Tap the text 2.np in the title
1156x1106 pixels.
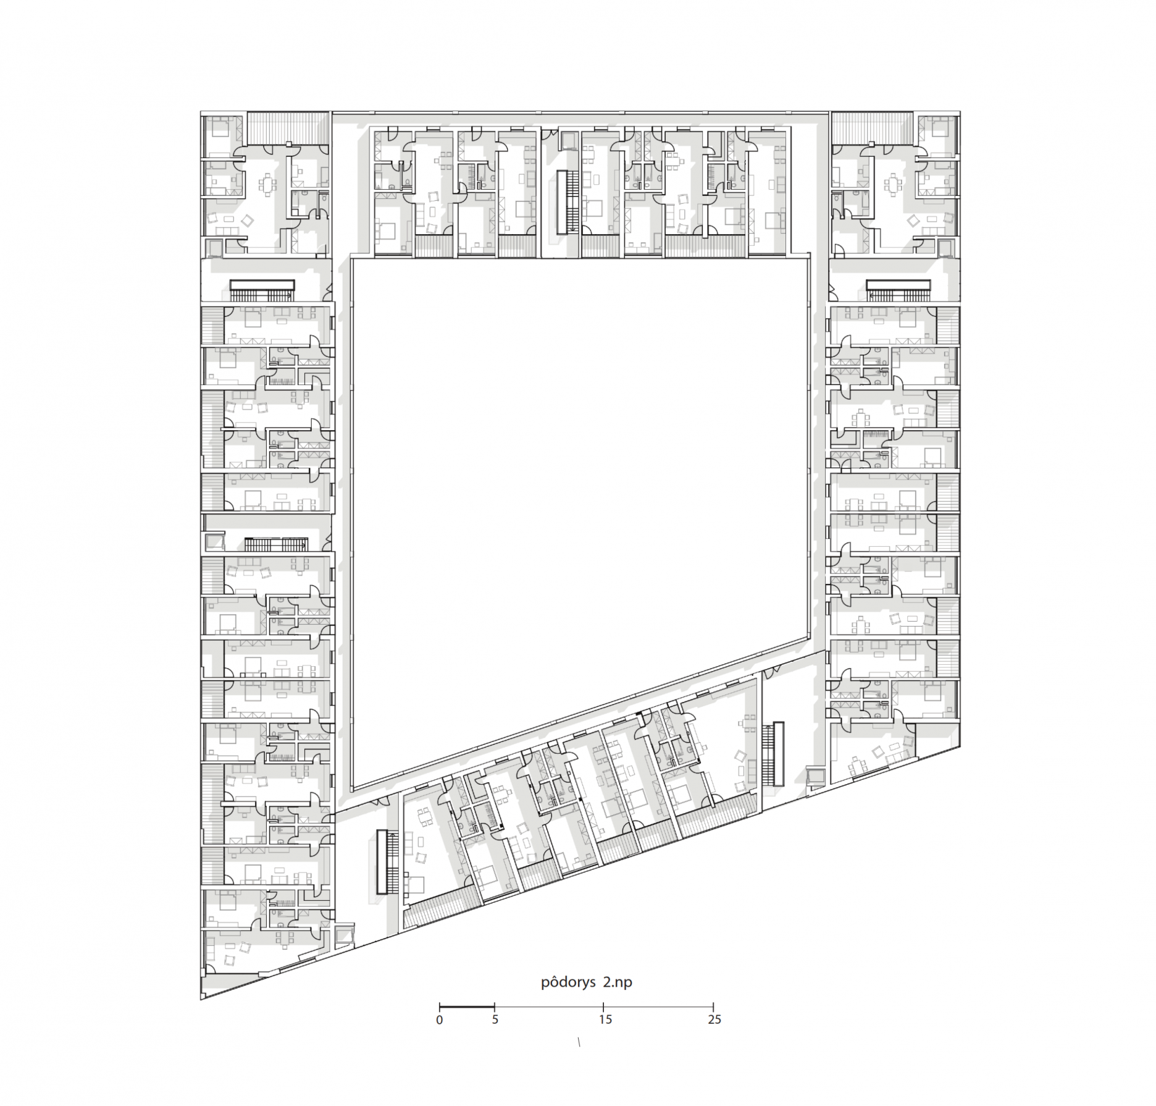click(618, 983)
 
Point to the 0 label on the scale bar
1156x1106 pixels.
click(439, 1020)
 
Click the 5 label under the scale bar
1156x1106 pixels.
click(495, 1020)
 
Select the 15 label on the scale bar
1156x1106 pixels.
click(605, 1020)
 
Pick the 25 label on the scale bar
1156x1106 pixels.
click(714, 1020)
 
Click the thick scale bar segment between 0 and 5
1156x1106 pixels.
click(467, 1005)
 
